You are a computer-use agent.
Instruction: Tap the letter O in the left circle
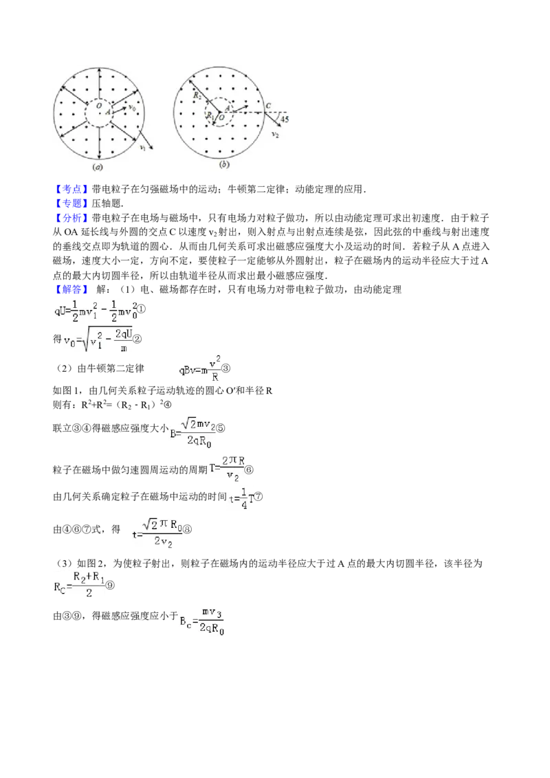(x=99, y=107)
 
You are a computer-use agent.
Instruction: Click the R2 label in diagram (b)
(x=197, y=96)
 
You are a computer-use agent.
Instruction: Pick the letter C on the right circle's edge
(x=269, y=106)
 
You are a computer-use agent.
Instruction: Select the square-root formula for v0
(x=99, y=341)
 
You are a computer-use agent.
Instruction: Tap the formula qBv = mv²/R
(x=201, y=368)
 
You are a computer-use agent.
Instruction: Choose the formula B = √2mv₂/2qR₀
(x=192, y=432)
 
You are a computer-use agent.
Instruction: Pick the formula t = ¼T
(x=242, y=496)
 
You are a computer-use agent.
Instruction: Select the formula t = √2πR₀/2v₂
(x=157, y=535)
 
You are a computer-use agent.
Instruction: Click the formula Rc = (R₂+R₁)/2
(x=80, y=583)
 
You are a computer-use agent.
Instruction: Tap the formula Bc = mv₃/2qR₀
(x=201, y=619)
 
